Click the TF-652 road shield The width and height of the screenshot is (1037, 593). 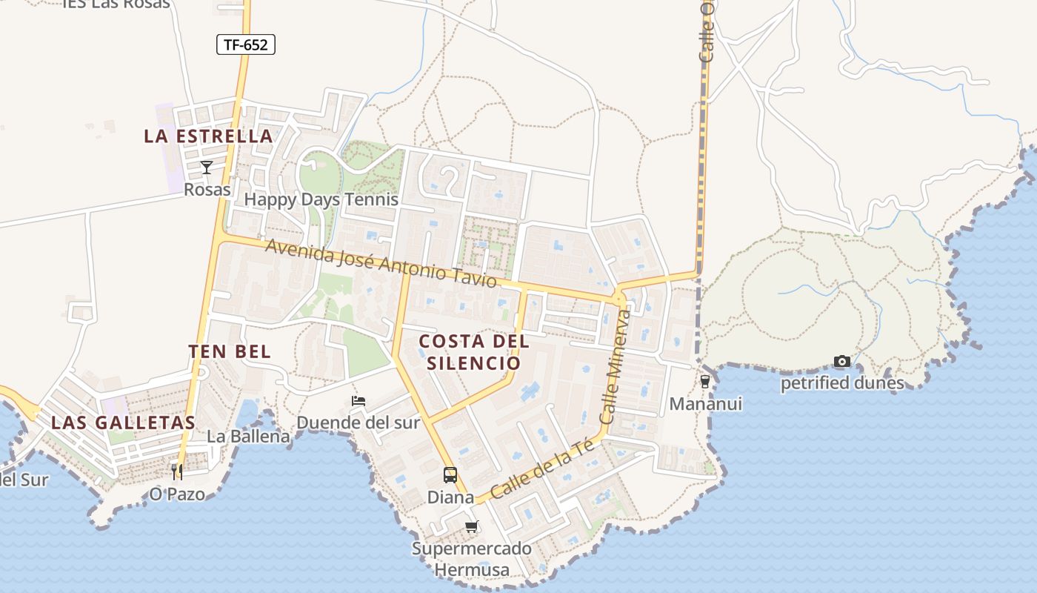tap(246, 44)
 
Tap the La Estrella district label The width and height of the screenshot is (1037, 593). tap(208, 136)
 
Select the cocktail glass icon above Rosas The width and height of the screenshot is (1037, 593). tap(207, 168)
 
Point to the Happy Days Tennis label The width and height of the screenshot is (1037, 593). tap(321, 199)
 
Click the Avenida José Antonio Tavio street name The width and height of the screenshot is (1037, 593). tap(381, 264)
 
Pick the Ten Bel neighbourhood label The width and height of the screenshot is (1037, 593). tap(230, 351)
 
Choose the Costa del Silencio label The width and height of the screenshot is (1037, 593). tap(474, 352)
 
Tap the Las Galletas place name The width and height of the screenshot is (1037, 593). tap(123, 423)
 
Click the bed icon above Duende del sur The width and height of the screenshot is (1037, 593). tap(359, 401)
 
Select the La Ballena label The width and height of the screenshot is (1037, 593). tap(248, 436)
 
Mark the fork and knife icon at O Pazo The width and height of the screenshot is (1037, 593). tap(177, 471)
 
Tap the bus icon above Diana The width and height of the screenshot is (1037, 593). tap(450, 475)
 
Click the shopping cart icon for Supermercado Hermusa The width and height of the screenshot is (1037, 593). tap(472, 527)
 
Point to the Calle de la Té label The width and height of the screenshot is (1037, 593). tap(542, 468)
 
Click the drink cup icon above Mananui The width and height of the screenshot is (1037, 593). tap(704, 382)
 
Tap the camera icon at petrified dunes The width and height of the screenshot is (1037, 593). tap(842, 362)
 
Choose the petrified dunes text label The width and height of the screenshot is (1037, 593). tap(842, 383)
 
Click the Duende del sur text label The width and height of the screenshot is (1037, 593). tap(358, 423)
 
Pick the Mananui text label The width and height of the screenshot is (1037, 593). tap(705, 404)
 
